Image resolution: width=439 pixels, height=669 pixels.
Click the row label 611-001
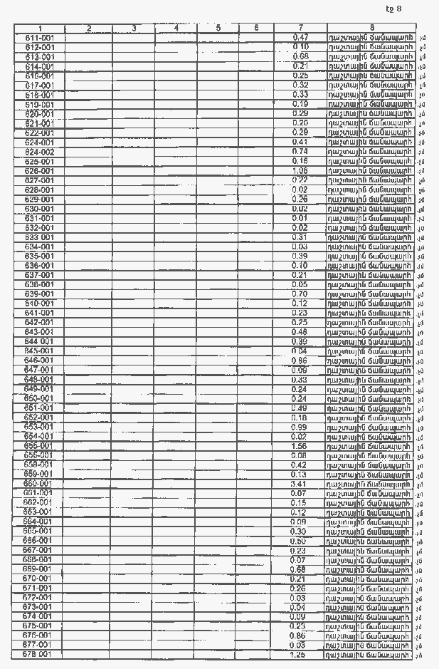pos(40,38)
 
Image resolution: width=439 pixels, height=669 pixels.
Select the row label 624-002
pos(40,152)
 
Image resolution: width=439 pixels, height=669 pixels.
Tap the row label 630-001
pos(40,209)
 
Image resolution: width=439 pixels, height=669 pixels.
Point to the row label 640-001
pos(40,304)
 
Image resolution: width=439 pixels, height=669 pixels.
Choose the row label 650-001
pos(40,398)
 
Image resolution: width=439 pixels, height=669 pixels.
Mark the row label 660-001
pos(40,483)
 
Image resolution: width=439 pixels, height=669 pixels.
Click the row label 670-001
pos(40,578)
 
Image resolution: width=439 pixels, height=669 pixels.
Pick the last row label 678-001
pos(40,653)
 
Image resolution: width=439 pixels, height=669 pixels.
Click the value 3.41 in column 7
pos(300,483)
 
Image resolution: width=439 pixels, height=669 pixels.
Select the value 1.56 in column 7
pos(300,445)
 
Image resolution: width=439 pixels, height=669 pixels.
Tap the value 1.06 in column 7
pos(300,171)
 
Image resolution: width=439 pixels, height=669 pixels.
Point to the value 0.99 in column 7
pos(300,426)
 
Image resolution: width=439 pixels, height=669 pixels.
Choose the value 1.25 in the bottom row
pos(300,653)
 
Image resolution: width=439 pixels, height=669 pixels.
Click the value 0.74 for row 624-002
pos(300,152)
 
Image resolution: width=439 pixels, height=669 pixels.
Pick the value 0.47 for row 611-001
pos(300,37)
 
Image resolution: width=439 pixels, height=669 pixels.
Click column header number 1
pos(40,28)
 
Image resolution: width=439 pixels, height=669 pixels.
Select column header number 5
pos(218,28)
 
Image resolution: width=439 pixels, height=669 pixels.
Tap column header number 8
pos(370,28)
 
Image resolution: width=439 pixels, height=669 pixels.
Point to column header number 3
pos(134,28)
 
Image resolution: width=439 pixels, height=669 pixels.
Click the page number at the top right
pos(393,9)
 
